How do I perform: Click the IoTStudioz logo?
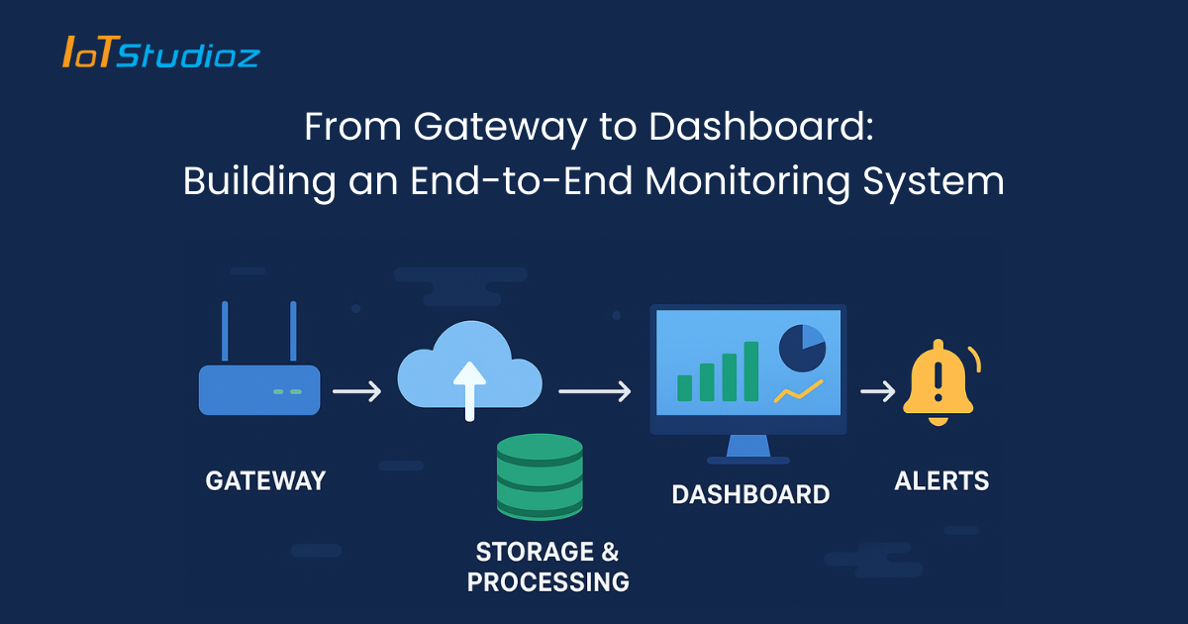(x=160, y=52)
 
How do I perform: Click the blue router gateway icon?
(x=259, y=388)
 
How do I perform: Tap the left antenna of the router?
(x=226, y=332)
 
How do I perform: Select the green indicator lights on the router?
(x=287, y=392)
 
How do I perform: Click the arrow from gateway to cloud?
(x=356, y=392)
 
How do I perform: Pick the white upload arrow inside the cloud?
(x=469, y=388)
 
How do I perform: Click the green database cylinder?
(x=540, y=476)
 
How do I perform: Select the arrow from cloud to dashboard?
(x=594, y=392)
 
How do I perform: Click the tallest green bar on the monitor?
(x=751, y=371)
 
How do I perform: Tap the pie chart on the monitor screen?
(x=802, y=348)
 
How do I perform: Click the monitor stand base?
(x=748, y=460)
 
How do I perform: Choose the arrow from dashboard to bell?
(x=877, y=392)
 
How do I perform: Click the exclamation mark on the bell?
(x=938, y=378)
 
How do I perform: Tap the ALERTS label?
(x=941, y=481)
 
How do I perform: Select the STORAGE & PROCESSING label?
(x=547, y=567)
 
